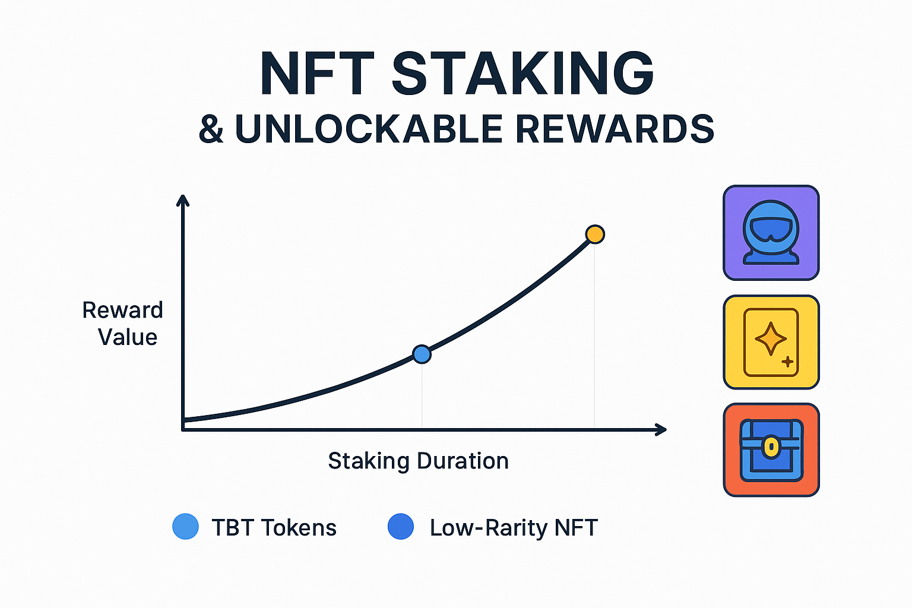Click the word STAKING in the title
[x=522, y=74]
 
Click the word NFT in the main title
[x=317, y=74]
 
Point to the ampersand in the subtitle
[x=211, y=129]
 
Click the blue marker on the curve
[x=422, y=354]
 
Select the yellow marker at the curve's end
[x=595, y=235]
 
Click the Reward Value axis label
[x=123, y=324]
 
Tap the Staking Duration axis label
[x=418, y=461]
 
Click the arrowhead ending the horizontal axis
[x=661, y=429]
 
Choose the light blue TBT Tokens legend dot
[x=185, y=527]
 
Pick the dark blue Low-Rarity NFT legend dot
[x=401, y=527]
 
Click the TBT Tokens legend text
[x=274, y=527]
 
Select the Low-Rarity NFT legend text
[x=514, y=527]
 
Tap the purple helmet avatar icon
[x=771, y=233]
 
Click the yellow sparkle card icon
[x=771, y=342]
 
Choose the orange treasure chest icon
[x=771, y=450]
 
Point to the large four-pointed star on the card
[x=770, y=338]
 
